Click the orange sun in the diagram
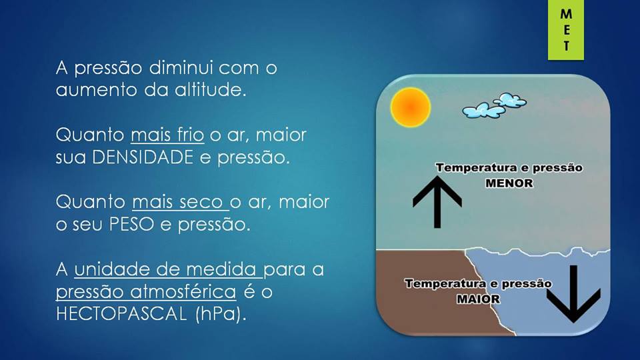pos(410,107)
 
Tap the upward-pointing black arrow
pos(437,202)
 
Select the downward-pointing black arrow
pos(573,294)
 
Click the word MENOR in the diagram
pos(509,183)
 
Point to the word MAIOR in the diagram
pos(478,299)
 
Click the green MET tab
pos(566,30)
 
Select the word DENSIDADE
pos(143,157)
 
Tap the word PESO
pos(131,224)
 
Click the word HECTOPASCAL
pos(121,314)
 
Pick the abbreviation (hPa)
pos(221,315)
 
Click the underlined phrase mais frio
pos(167,135)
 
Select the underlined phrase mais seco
pos(180,202)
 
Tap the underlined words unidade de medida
pos(168,269)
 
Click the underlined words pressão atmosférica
pos(146,292)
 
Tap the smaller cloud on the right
pos(509,99)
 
